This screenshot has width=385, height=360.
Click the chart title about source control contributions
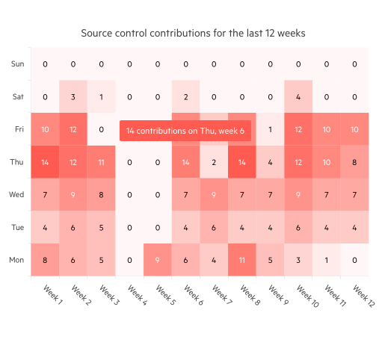(x=193, y=34)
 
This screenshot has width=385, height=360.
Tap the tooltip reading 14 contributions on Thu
(x=185, y=131)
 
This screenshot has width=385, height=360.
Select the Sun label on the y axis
(x=17, y=64)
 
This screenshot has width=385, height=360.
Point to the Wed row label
(x=16, y=195)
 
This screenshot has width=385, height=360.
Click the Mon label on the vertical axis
(x=16, y=260)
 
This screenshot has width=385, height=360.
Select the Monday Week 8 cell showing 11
(x=241, y=260)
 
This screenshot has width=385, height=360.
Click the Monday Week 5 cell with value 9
(x=157, y=260)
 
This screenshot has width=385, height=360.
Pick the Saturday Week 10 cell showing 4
(x=298, y=96)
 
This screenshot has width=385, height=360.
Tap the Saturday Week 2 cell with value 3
(x=73, y=96)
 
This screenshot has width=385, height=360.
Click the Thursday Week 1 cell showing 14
(x=44, y=162)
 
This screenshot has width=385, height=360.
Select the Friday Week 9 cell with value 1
(x=270, y=129)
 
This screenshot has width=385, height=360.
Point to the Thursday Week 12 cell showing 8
(x=354, y=162)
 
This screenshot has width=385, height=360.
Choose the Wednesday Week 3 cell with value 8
(x=101, y=195)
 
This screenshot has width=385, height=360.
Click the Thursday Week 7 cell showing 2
(x=213, y=162)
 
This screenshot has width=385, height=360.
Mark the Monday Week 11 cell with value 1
(x=326, y=260)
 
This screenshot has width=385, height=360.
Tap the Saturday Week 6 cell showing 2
(x=185, y=96)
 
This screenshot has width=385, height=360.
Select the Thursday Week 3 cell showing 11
(x=101, y=162)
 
